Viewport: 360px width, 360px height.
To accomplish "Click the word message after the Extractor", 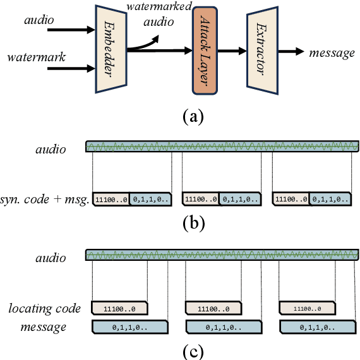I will click(332, 52).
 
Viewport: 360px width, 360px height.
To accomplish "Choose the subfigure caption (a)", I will click(193, 117).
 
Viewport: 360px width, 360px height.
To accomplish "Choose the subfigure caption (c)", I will click(193, 349).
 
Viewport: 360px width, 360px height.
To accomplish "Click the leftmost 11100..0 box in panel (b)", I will click(111, 199).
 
